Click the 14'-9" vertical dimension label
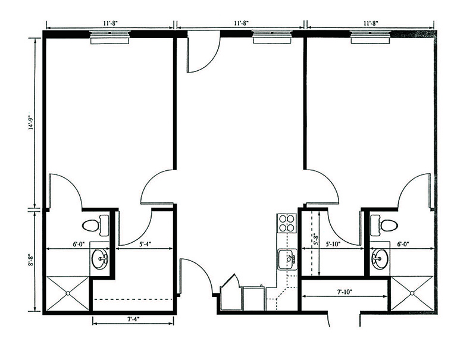30,123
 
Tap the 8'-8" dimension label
30,261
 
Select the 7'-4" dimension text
133,319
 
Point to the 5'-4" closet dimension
145,243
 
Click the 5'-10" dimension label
333,243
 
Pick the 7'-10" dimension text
345,292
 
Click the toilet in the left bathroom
96,226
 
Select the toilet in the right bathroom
384,225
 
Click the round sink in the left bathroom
100,259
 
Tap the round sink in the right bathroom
380,259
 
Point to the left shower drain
68,293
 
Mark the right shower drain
412,293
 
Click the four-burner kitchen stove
287,223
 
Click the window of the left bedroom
110,37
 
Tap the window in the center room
273,37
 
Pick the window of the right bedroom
370,37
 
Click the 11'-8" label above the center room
242,23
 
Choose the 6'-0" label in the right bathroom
403,243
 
